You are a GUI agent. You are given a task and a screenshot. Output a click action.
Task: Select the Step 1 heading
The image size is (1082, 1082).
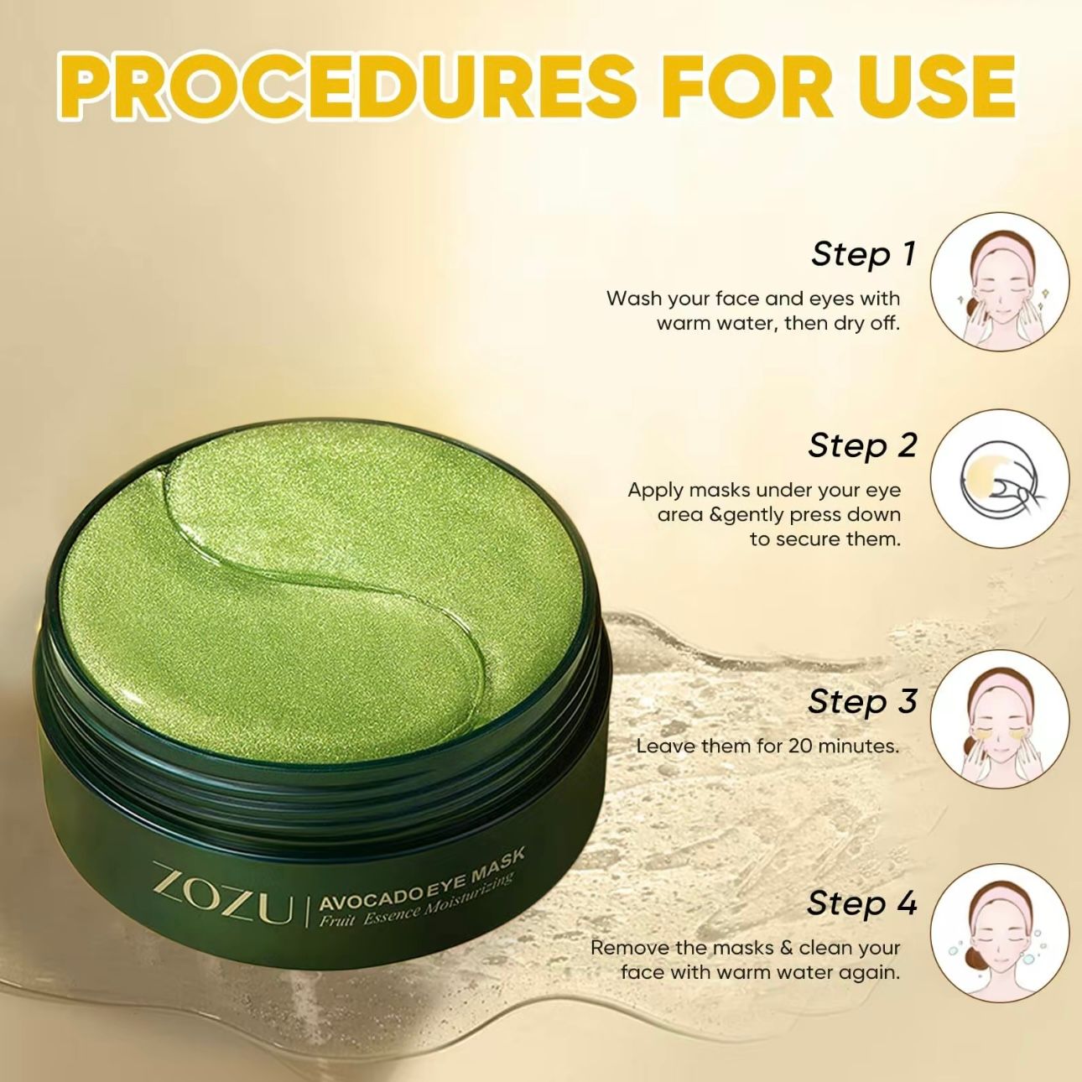(862, 254)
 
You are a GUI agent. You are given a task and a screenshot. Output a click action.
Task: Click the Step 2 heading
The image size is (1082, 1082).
(862, 445)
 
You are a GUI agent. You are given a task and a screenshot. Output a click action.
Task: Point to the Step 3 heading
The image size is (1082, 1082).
(862, 701)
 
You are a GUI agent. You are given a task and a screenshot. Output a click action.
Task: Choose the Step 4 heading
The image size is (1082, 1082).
(862, 903)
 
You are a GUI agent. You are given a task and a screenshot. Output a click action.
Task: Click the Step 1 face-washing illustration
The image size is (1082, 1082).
(1000, 282)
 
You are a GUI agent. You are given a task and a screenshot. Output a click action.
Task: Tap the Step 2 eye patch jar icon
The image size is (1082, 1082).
(1000, 478)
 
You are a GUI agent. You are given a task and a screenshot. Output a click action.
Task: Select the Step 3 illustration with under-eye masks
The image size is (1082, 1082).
(1000, 720)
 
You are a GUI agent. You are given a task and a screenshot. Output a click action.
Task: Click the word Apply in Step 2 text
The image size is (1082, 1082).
(656, 491)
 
